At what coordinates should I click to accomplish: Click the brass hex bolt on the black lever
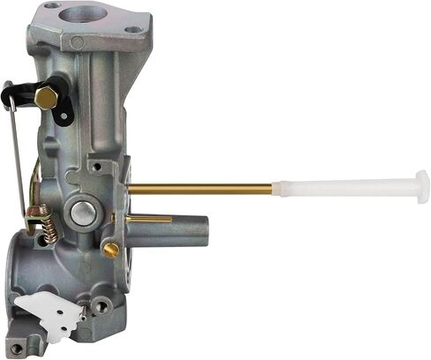pyautogui.click(x=46, y=97)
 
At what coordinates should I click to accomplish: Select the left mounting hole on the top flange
pyautogui.click(x=50, y=7)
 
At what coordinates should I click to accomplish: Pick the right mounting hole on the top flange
pyautogui.click(x=132, y=30)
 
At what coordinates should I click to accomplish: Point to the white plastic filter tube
pyautogui.click(x=344, y=188)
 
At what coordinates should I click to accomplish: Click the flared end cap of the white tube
pyautogui.click(x=423, y=187)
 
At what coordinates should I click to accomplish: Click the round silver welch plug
pyautogui.click(x=83, y=212)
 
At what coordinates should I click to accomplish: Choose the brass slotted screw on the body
pyautogui.click(x=111, y=250)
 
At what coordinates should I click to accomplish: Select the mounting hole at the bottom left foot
pyautogui.click(x=16, y=349)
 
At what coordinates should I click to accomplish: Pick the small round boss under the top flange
pyautogui.click(x=77, y=42)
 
